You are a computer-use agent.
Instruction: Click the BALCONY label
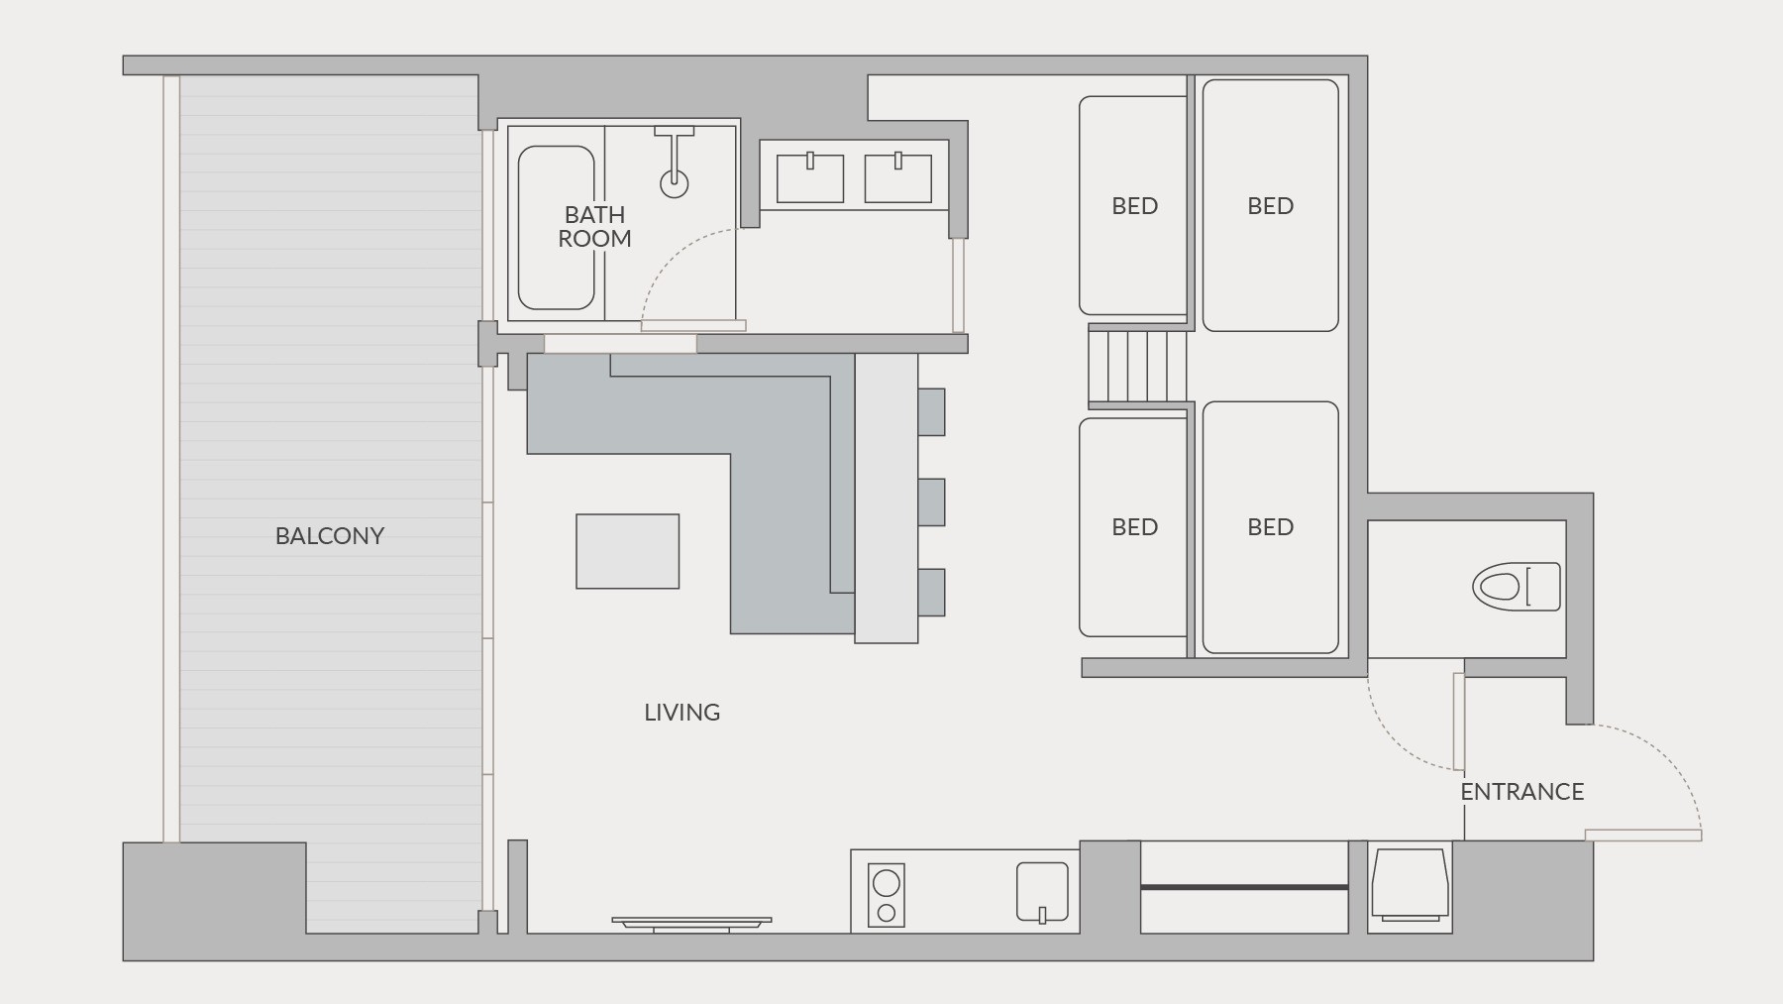click(330, 535)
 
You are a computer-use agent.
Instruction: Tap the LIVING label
click(682, 712)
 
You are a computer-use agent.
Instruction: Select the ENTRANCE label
click(1522, 791)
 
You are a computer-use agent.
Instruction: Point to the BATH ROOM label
click(594, 226)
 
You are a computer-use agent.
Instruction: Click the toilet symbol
click(1516, 587)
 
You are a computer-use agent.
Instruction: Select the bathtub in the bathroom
click(557, 228)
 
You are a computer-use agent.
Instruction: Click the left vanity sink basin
click(809, 178)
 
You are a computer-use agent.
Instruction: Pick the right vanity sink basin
click(898, 178)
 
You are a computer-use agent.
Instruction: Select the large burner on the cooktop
click(887, 881)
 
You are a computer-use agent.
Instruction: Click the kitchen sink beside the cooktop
click(1042, 891)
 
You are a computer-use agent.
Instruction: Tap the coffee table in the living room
click(628, 551)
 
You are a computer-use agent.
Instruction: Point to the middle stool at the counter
click(931, 502)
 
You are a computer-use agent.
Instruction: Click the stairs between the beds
click(1137, 366)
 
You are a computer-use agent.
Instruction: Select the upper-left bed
click(1133, 205)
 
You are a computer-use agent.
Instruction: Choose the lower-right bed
click(1270, 527)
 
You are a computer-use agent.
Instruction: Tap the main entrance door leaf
click(1643, 836)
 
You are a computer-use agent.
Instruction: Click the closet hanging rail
click(1244, 887)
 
